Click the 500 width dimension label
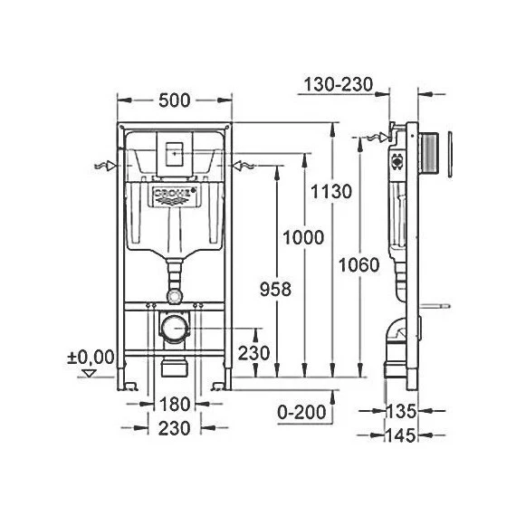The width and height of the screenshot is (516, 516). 173,100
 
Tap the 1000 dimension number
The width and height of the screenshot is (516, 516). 301,237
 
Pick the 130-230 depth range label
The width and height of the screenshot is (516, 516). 339,84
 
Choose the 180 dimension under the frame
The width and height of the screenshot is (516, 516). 175,404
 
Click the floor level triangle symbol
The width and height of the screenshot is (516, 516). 88,372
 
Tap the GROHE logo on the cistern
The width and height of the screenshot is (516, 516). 174,196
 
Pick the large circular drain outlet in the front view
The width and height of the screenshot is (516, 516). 174,327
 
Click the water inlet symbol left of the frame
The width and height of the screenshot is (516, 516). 105,166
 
